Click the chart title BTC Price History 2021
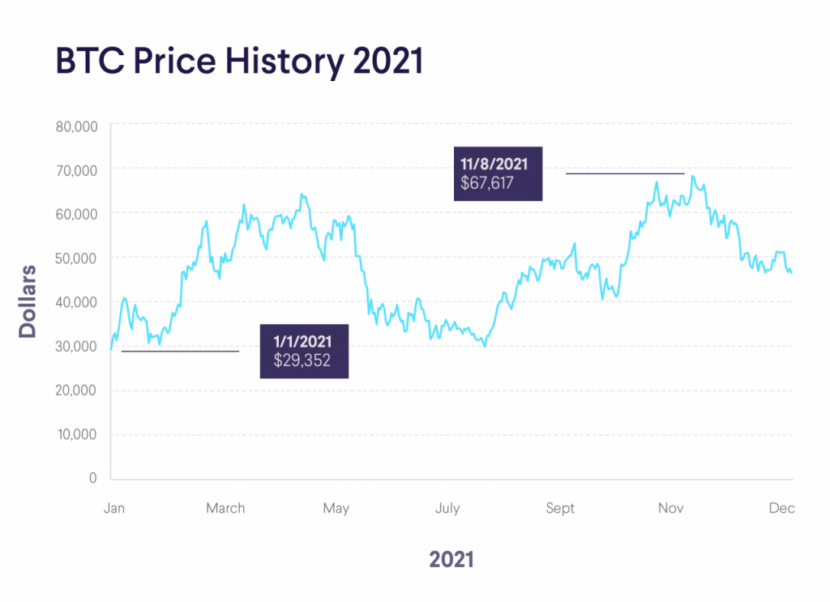(x=240, y=62)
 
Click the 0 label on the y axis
(x=92, y=478)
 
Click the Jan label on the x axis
(x=114, y=508)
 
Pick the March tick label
(x=225, y=508)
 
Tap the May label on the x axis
(x=336, y=508)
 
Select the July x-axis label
(x=447, y=508)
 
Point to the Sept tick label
(x=559, y=508)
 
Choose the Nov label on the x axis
(x=670, y=508)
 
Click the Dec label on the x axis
(x=781, y=508)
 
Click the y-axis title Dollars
(x=28, y=301)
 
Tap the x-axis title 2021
(x=451, y=559)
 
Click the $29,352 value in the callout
(x=303, y=361)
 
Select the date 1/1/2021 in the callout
(x=303, y=342)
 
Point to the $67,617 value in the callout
(x=487, y=182)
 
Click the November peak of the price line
(x=693, y=176)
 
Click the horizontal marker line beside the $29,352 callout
(x=180, y=351)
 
